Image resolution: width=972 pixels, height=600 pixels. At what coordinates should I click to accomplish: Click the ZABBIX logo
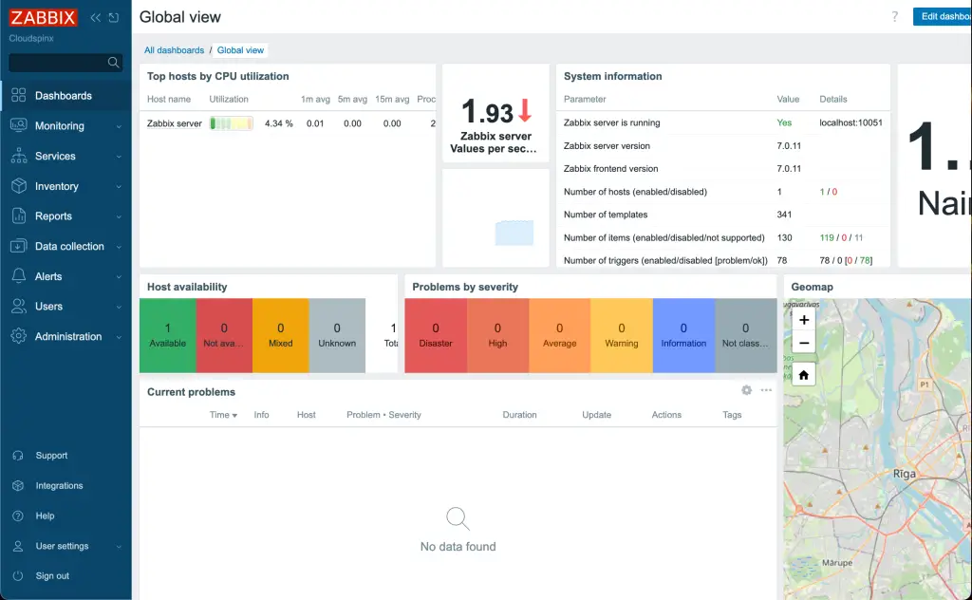43,18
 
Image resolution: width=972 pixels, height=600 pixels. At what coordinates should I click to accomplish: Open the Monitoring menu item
59,126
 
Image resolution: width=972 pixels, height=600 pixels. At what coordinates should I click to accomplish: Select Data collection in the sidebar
69,247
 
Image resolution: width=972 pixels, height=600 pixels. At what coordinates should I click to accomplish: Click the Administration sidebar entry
67,337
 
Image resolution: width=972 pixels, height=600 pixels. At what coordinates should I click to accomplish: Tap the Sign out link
52,576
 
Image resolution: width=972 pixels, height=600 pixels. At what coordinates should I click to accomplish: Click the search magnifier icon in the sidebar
114,63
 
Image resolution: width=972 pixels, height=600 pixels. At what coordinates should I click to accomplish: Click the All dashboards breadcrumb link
174,50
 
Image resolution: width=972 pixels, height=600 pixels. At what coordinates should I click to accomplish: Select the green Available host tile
168,335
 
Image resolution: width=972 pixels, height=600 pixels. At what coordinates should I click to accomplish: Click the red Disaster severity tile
436,335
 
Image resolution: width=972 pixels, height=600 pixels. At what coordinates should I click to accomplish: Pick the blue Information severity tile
683,335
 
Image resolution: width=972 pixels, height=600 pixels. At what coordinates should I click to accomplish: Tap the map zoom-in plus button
804,321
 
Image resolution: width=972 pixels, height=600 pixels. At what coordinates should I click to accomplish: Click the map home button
804,375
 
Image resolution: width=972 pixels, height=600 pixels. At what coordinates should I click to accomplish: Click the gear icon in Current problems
747,390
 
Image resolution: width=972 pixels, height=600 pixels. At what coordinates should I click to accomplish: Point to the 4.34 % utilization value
278,123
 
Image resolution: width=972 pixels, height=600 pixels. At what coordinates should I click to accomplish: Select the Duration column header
519,415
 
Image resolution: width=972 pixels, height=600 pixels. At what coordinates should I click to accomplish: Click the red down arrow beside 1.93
525,112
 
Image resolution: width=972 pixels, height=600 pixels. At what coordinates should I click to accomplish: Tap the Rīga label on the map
904,473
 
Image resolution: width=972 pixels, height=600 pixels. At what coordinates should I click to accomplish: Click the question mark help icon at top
894,17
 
